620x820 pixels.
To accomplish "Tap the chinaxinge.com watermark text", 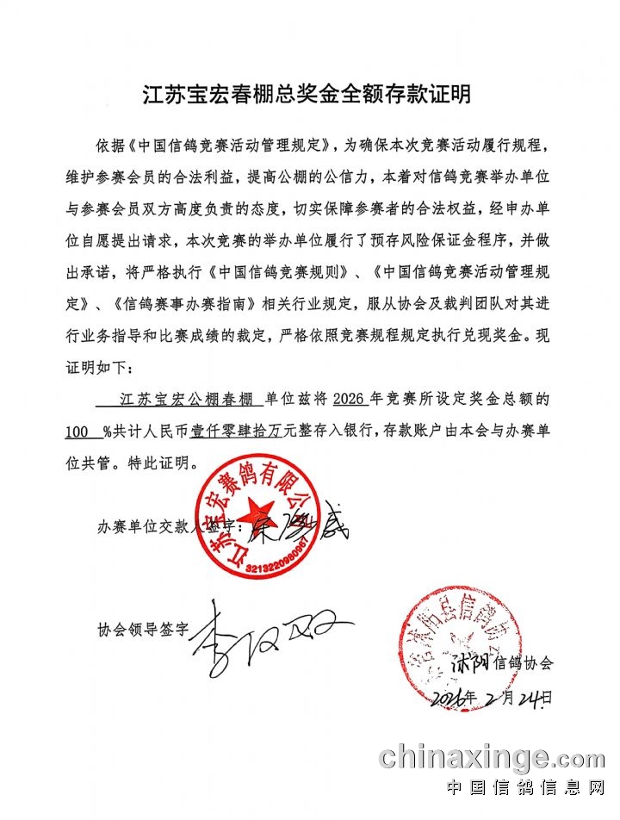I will tap(492, 758).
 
